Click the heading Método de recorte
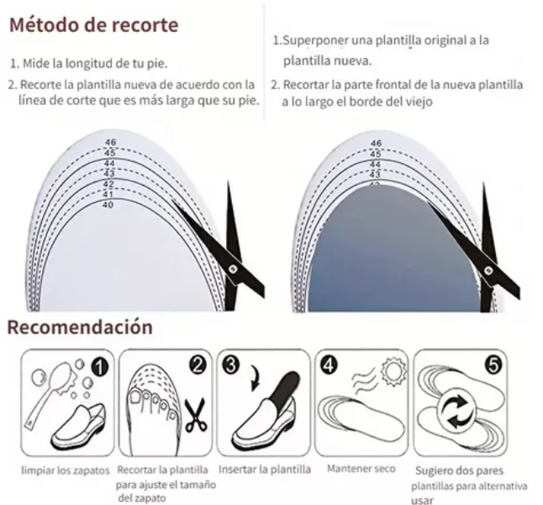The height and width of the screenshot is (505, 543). pyautogui.click(x=93, y=25)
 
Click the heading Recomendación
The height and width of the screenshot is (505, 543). pyautogui.click(x=80, y=327)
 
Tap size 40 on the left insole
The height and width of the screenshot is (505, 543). pyautogui.click(x=108, y=205)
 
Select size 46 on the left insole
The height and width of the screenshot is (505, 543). pyautogui.click(x=110, y=142)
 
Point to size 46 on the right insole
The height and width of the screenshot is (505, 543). pyautogui.click(x=376, y=143)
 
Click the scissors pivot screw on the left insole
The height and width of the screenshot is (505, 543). pyautogui.click(x=233, y=268)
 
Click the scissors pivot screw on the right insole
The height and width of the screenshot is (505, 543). pyautogui.click(x=488, y=271)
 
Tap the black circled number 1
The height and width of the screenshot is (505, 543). pyautogui.click(x=100, y=367)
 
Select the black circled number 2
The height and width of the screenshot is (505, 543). pyautogui.click(x=198, y=366)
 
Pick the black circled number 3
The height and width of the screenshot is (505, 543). pyautogui.click(x=231, y=366)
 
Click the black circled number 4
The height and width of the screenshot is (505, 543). pyautogui.click(x=329, y=366)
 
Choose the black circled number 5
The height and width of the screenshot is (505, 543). pyautogui.click(x=493, y=366)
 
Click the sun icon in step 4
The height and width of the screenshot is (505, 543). pyautogui.click(x=393, y=371)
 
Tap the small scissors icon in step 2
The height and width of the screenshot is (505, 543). pyautogui.click(x=196, y=416)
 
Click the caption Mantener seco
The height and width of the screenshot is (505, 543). pyautogui.click(x=361, y=469)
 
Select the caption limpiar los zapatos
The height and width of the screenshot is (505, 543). pyautogui.click(x=65, y=471)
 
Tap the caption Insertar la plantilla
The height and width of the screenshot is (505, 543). pyautogui.click(x=265, y=470)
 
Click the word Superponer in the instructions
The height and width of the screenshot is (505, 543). pyautogui.click(x=314, y=41)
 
